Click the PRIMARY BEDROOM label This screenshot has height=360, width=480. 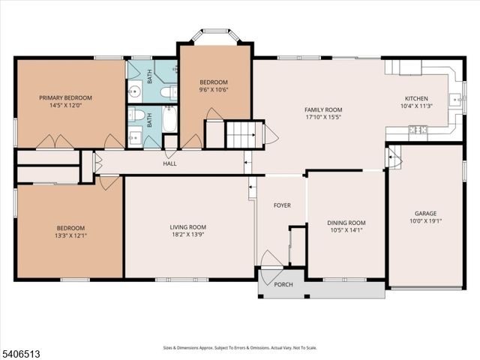[66, 97]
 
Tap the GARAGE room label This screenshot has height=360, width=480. [425, 213]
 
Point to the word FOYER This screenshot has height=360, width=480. [282, 205]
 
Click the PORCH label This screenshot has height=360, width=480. [283, 283]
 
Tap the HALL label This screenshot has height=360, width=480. [169, 163]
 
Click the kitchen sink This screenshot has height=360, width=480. [454, 99]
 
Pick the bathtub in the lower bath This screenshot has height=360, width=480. [169, 119]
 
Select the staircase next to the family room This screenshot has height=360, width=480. [244, 134]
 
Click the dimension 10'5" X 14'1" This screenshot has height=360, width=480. [346, 230]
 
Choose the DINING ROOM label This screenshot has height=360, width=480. [346, 222]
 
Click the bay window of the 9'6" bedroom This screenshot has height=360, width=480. [214, 35]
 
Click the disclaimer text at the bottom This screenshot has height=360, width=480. [240, 347]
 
